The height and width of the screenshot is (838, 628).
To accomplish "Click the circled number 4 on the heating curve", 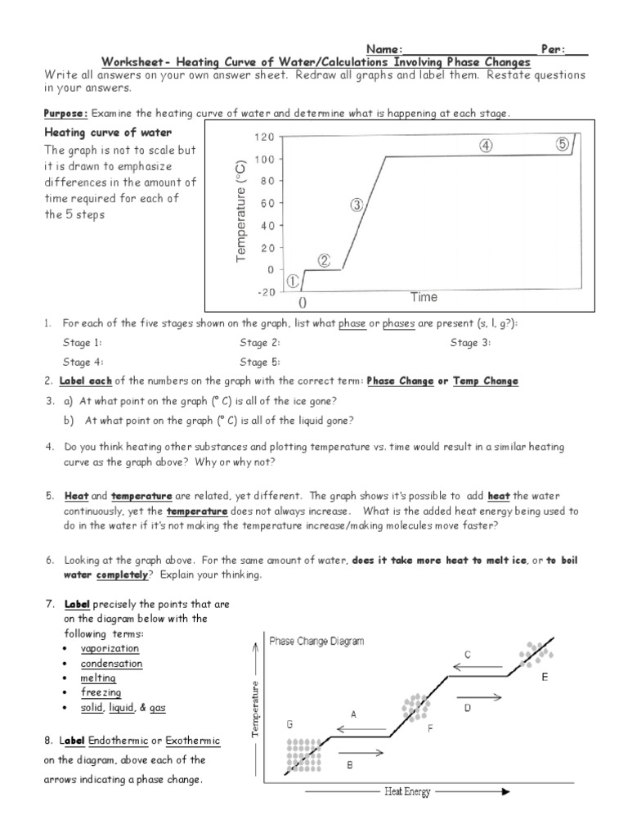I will click(486, 146).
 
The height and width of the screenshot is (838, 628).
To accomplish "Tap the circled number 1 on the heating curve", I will click(293, 281).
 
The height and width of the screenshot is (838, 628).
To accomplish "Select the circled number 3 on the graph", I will click(357, 205).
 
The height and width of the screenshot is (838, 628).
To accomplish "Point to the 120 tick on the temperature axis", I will click(264, 137).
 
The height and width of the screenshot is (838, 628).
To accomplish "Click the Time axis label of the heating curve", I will click(424, 297).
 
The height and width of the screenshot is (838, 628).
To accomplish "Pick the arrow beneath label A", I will click(353, 726).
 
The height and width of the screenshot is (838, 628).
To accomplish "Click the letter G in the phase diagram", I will click(289, 724).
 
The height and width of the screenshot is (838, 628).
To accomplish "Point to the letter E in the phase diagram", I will click(545, 678).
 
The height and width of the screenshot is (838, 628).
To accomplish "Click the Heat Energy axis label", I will click(407, 791).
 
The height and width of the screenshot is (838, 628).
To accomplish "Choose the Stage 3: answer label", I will click(470, 343).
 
